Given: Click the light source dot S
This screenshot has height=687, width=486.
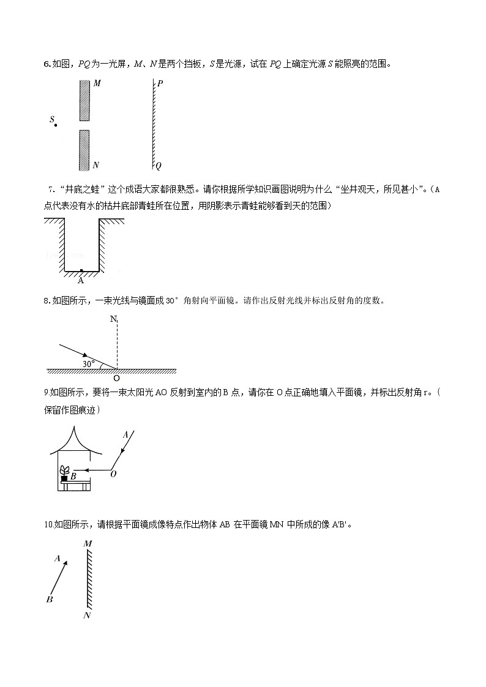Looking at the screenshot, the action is point(56,125).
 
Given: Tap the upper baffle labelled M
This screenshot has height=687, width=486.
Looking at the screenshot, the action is point(84,100).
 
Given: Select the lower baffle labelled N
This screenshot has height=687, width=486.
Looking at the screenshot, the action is point(84,150).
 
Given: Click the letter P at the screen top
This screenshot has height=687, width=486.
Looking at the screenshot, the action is point(160,84).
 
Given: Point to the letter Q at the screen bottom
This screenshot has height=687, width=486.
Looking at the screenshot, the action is point(159,165).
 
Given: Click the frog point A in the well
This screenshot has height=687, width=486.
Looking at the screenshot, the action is point(81,270).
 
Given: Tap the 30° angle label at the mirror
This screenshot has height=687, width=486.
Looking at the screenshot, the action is point(89,363).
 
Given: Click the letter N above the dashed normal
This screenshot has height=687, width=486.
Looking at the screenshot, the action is point(113,319).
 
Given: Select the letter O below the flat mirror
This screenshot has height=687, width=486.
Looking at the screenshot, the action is point(116,378).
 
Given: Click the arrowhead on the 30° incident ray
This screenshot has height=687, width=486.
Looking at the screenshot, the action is point(84,355).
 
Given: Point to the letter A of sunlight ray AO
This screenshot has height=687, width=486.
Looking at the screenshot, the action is point(125,435).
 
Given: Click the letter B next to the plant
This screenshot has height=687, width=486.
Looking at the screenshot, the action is point(73,475).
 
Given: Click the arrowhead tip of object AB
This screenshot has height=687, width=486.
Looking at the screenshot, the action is point(66,562).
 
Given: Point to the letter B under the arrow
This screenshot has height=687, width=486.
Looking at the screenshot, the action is point(50,600).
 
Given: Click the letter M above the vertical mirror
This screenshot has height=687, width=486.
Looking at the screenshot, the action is point(87,543).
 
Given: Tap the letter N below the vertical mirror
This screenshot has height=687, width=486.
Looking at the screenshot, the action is point(87,615).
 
